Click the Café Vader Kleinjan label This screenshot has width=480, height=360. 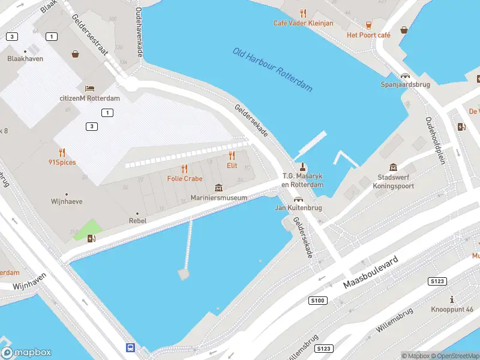pyautogui.click(x=303, y=23)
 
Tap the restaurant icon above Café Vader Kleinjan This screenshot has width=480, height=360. pyautogui.click(x=303, y=13)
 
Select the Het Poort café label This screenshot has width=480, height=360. pyautogui.click(x=368, y=35)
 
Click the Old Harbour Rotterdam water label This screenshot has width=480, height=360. pyautogui.click(x=273, y=70)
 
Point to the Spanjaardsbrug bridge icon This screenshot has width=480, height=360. pyautogui.click(x=406, y=76)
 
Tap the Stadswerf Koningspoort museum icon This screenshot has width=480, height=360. pyautogui.click(x=393, y=167)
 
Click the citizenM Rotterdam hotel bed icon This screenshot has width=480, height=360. pyautogui.click(x=89, y=89)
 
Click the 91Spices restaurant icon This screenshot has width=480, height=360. pyautogui.click(x=62, y=152)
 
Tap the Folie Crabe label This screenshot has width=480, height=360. pyautogui.click(x=184, y=179)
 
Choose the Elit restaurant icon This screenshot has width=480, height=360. pyautogui.click(x=232, y=156)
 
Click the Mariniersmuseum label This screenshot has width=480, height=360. pyautogui.click(x=218, y=198)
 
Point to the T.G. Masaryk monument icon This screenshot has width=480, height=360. pyautogui.click(x=302, y=167)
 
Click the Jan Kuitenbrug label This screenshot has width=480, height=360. pyautogui.click(x=298, y=208)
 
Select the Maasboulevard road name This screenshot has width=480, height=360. pyautogui.click(x=371, y=272)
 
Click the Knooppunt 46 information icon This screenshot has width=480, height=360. pyautogui.click(x=452, y=299)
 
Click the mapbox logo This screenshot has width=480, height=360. pyautogui.click(x=26, y=353)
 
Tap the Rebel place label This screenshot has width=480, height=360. pyautogui.click(x=137, y=221)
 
